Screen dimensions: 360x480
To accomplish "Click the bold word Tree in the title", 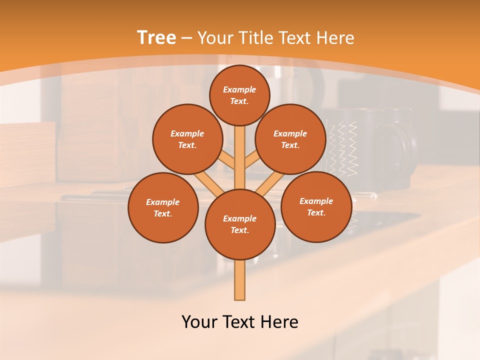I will point(156,38).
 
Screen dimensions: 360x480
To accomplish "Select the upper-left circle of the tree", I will point(187,139).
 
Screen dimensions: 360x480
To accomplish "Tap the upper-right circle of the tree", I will point(290,139).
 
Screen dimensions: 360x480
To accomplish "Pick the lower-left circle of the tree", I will point(163,207).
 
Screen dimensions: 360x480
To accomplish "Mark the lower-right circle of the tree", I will point(316,206).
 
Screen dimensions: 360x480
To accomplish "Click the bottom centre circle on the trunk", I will point(240,224).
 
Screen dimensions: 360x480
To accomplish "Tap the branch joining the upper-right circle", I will point(252,161).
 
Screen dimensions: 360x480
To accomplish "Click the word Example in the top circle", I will point(239,89).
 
